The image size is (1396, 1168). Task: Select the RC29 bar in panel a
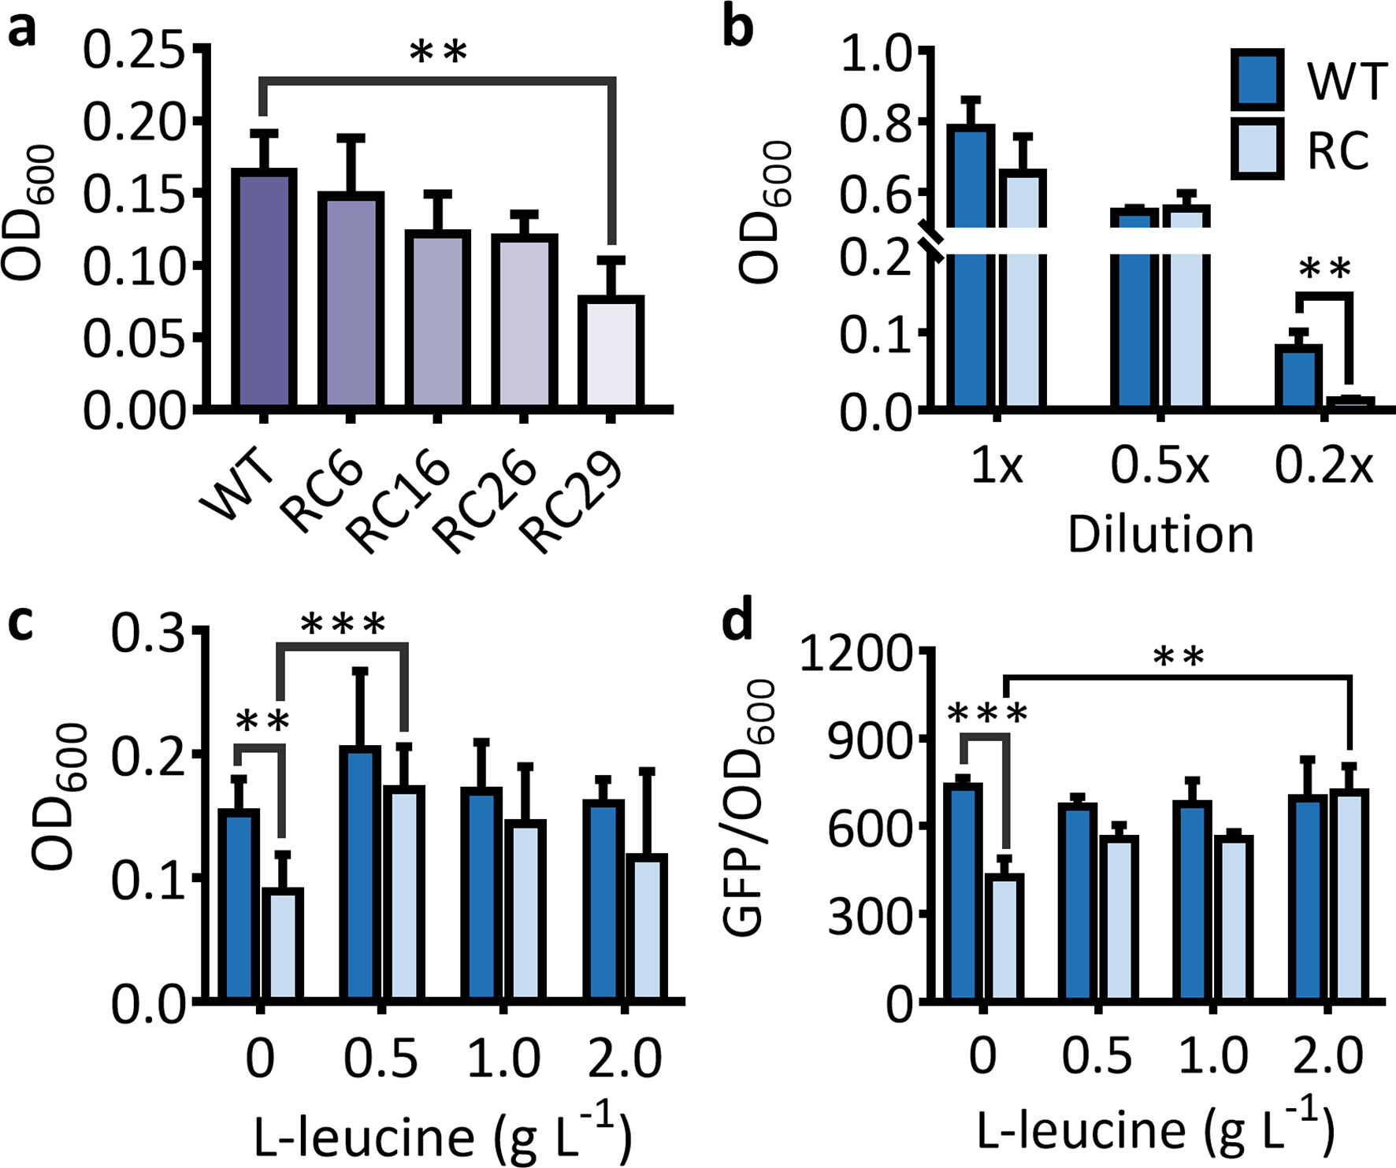coord(611,351)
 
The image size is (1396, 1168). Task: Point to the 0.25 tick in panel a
coord(134,51)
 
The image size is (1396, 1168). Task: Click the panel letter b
coord(737,28)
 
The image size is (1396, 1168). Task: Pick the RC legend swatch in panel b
coord(1257,149)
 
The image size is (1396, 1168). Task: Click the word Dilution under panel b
coord(1160,536)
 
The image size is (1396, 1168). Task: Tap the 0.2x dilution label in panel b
coord(1324,467)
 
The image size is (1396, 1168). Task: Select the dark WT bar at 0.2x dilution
coord(1298,376)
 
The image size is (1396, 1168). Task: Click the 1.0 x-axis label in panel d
coord(1213,1055)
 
